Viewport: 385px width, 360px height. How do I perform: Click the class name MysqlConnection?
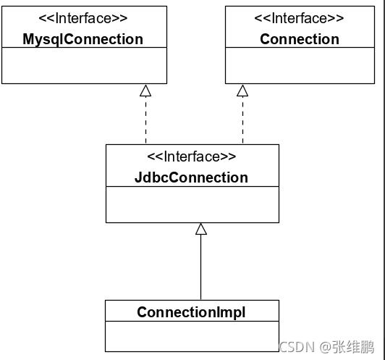tap(83, 39)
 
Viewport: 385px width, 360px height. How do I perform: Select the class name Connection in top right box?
tap(300, 39)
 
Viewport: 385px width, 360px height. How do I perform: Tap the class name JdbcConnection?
tap(191, 177)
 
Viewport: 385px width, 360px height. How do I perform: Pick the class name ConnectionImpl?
tap(191, 312)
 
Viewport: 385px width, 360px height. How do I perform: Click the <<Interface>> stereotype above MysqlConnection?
tap(83, 18)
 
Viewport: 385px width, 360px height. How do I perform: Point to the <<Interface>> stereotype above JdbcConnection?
tap(192, 157)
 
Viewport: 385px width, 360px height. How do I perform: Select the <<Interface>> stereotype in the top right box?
tap(300, 18)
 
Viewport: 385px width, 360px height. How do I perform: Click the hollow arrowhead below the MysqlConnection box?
tap(145, 91)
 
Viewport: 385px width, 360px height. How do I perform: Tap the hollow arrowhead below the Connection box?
tap(242, 91)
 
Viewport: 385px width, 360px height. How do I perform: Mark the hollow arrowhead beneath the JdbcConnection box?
tap(201, 229)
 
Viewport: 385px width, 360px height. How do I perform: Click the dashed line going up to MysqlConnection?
tap(145, 120)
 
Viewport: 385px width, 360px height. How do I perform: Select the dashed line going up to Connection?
tap(242, 120)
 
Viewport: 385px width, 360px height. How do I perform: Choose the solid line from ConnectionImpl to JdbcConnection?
tap(201, 268)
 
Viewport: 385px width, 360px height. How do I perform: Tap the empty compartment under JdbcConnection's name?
tap(192, 204)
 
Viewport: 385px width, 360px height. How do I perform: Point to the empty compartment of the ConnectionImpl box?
tap(191, 336)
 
